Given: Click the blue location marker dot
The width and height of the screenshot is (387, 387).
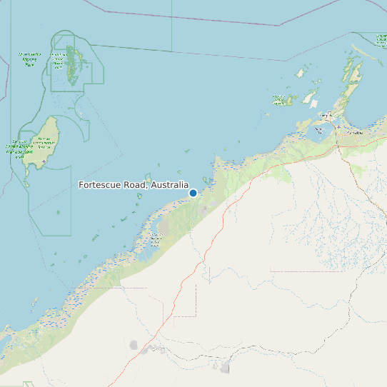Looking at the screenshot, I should [x=193, y=193].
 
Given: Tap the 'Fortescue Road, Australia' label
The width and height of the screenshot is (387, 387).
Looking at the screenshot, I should [x=134, y=186].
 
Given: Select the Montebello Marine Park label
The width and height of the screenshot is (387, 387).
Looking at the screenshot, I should [x=30, y=59].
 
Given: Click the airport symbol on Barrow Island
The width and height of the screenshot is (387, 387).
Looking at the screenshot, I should [x=44, y=162].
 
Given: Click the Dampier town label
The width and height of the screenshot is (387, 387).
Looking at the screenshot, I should [x=325, y=115].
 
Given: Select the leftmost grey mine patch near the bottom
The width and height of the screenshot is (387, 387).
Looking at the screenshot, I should [x=134, y=345].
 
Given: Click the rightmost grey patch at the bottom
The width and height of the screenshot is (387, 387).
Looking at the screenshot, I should [x=226, y=368].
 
